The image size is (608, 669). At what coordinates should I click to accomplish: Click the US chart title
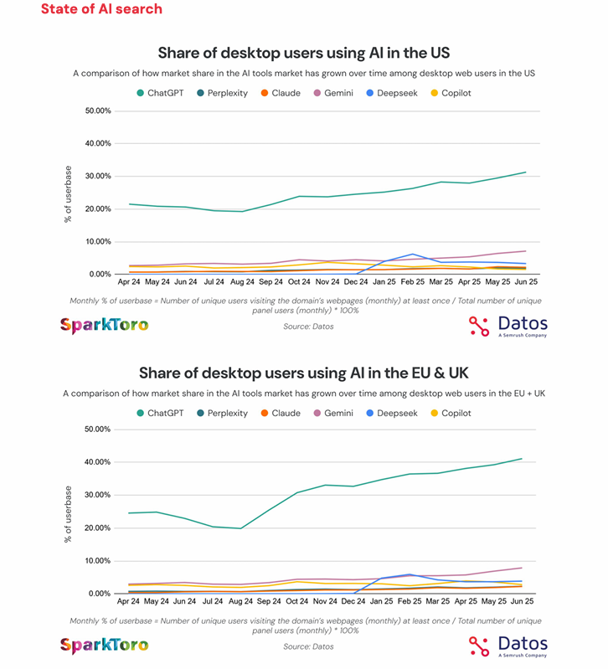(x=303, y=53)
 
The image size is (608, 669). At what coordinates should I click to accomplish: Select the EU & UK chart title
(x=303, y=373)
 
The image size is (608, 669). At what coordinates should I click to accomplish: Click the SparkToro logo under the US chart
(x=104, y=325)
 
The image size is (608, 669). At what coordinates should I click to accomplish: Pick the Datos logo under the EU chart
(x=508, y=645)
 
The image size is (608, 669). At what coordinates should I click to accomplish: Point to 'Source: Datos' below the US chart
(x=308, y=326)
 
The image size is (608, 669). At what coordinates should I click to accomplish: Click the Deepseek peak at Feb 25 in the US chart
(x=412, y=254)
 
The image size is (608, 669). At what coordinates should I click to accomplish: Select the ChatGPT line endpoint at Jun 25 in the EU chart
(x=522, y=459)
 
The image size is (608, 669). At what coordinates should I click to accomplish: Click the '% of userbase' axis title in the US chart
(x=68, y=194)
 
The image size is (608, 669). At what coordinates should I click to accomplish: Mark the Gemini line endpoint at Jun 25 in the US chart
(x=525, y=250)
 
